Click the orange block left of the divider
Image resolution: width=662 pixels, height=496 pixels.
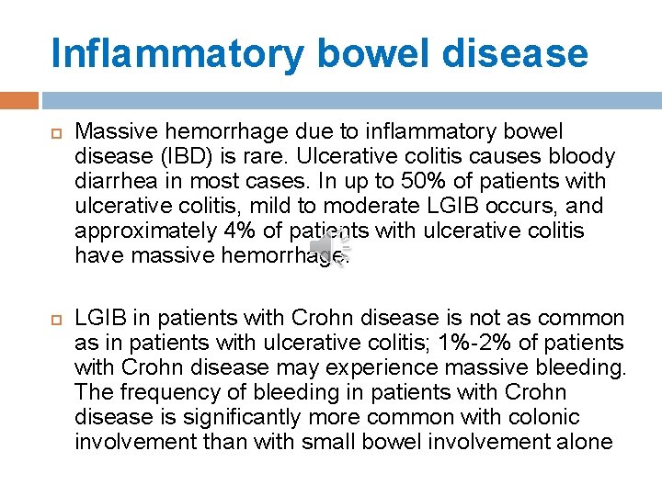19,100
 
